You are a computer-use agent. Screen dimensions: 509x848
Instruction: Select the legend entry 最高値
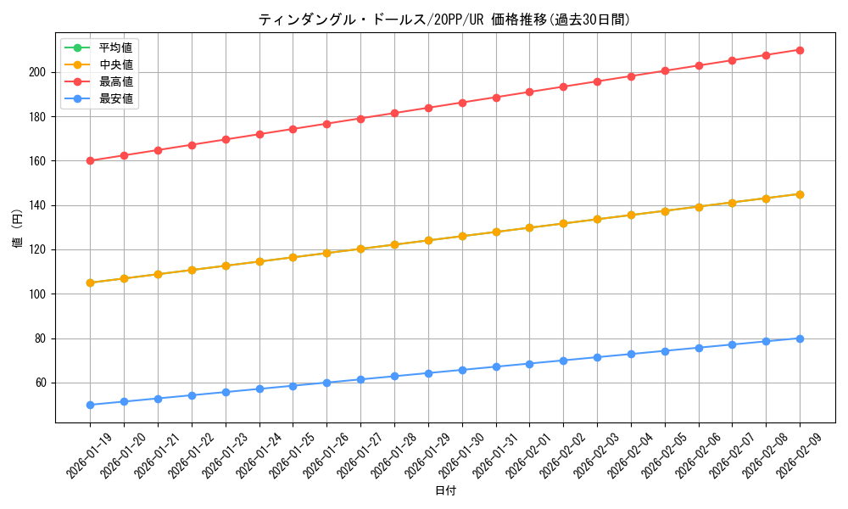coord(115,81)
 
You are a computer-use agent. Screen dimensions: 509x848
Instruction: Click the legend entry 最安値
coord(115,98)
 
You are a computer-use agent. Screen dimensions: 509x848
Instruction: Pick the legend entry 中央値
coord(115,64)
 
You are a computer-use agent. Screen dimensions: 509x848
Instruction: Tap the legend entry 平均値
coord(115,48)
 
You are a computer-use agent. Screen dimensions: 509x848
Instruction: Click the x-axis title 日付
coord(445,491)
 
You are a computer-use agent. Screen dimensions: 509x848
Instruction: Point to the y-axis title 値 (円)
coord(18,230)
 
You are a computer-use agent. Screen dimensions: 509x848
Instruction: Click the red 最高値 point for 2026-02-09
coord(800,50)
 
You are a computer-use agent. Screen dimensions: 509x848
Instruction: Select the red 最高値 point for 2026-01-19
coord(90,161)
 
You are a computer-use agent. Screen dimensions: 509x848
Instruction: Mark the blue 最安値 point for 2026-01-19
coord(90,405)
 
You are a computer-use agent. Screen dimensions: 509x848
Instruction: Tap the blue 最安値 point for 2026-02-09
coord(800,338)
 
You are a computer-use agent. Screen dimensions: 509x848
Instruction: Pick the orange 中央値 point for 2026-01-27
coord(360,249)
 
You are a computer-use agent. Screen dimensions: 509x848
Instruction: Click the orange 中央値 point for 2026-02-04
coord(631,215)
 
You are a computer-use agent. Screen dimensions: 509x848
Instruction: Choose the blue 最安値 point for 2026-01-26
coord(326,383)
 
